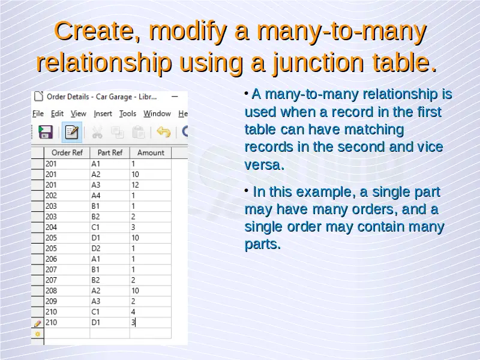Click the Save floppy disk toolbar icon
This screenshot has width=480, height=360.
pos(46,132)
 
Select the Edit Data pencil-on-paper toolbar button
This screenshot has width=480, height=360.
pos(72,132)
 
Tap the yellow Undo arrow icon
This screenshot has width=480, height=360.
pos(163,132)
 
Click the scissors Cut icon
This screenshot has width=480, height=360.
pos(97,133)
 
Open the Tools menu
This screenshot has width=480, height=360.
pos(128,113)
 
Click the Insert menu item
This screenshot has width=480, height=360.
pos(103,113)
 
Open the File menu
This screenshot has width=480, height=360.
pos(38,113)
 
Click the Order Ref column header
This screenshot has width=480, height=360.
pos(67,152)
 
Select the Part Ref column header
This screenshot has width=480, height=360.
pos(110,152)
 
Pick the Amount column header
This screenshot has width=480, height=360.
pos(151,152)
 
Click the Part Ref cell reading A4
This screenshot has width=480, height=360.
pos(110,196)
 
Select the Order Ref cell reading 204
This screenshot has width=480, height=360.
pos(67,227)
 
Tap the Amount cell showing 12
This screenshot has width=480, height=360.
pos(151,185)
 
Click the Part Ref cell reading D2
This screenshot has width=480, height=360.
pos(110,248)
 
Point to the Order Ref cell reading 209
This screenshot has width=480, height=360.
pos(67,301)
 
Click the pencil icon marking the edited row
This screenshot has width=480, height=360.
pos(37,323)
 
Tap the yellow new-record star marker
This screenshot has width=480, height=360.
pos(38,334)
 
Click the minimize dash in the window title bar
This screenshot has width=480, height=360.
pos(175,97)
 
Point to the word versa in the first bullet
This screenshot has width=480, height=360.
pos(265,165)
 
